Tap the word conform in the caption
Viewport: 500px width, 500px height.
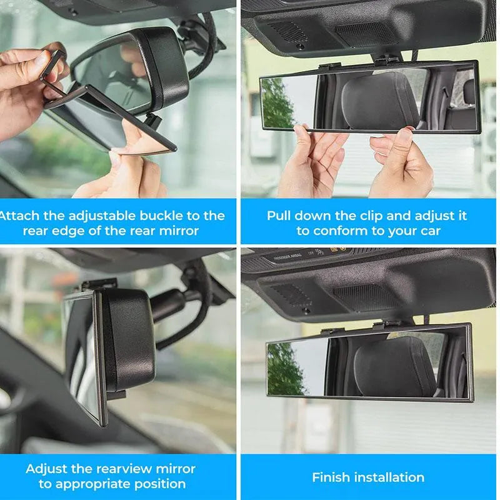click(x=342, y=231)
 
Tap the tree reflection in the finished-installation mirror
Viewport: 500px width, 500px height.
click(x=284, y=369)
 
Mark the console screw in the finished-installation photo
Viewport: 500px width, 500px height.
click(x=306, y=311)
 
